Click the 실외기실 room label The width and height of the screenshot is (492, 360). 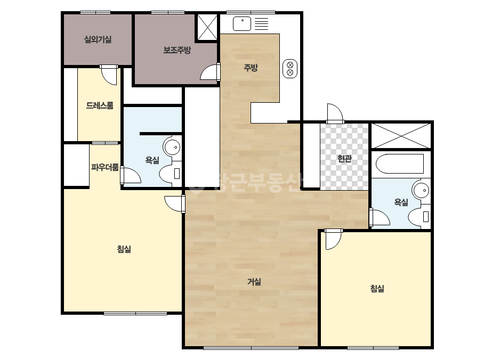tap(98, 39)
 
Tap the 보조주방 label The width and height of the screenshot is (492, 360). tap(177, 50)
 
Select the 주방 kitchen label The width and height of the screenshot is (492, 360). tap(251, 68)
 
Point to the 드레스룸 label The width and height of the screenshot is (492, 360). tap(100, 105)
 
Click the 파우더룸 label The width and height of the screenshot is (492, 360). tap(105, 167)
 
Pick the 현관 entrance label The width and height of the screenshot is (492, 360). tap(344, 159)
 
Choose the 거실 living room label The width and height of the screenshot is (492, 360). tap(254, 282)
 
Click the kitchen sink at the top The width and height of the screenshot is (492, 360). tap(242, 24)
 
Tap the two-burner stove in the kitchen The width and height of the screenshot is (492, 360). tap(290, 69)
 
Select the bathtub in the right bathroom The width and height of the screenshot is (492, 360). tap(400, 163)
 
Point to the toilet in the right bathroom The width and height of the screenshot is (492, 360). tap(419, 217)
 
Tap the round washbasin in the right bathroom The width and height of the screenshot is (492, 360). tap(421, 190)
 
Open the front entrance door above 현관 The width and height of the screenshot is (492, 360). tap(335, 113)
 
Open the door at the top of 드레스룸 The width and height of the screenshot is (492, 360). tap(109, 75)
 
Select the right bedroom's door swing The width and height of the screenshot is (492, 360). tap(333, 240)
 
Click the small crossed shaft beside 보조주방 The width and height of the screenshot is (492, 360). tap(207, 27)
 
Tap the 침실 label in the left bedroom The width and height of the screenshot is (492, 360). tap(124, 249)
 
